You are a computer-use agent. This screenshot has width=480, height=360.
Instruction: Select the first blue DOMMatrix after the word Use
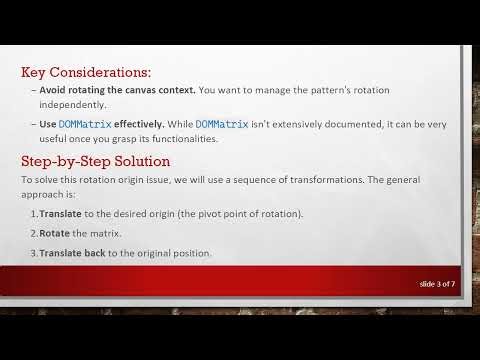[x=85, y=124]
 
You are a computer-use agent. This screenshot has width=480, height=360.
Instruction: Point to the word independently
[x=72, y=104]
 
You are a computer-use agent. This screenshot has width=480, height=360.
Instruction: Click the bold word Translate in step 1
[x=60, y=214]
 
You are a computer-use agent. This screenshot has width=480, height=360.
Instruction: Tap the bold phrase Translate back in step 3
[x=75, y=253]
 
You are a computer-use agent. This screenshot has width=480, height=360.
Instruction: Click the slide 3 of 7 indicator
[x=438, y=284]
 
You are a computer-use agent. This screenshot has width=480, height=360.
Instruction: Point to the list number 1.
[x=31, y=214]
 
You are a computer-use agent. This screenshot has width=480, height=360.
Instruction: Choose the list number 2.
[x=31, y=233]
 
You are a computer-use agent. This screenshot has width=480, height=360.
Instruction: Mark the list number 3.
[x=31, y=253]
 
